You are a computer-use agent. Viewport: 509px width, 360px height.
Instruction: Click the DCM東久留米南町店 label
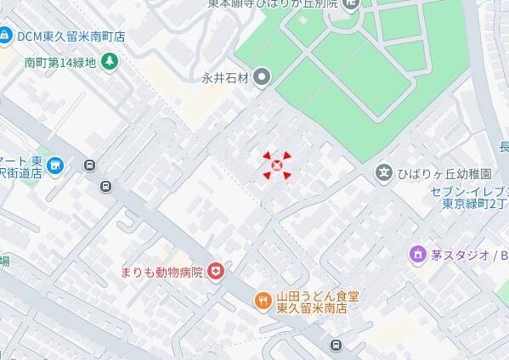(x=71, y=37)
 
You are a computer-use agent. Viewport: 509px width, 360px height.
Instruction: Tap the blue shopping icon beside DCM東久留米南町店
(x=6, y=36)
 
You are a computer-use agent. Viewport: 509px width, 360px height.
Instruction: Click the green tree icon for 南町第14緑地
(x=109, y=61)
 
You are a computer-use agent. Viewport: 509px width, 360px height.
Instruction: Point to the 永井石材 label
(x=224, y=79)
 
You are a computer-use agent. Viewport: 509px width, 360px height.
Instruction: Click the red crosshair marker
(x=275, y=165)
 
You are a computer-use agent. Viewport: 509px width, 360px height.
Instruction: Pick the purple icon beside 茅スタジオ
(x=416, y=254)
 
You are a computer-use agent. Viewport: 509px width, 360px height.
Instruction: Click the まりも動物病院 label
(x=161, y=273)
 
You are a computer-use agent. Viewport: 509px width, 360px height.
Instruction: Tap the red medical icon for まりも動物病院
(x=217, y=272)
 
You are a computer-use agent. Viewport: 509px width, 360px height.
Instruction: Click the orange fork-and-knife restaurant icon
(x=263, y=299)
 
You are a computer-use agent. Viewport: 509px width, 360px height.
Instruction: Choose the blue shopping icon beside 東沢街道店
(x=56, y=164)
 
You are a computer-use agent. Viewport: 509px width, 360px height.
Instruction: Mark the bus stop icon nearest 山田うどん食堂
(x=337, y=344)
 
